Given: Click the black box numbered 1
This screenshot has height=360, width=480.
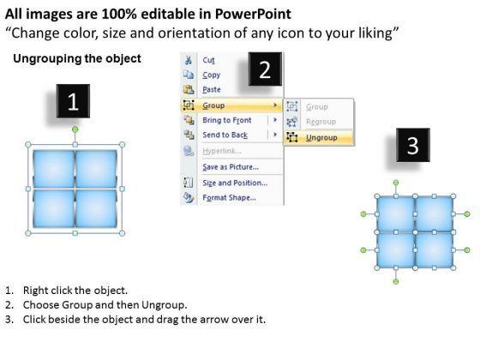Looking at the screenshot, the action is click(x=73, y=101).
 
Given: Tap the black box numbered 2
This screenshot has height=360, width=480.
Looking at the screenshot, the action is click(x=265, y=69).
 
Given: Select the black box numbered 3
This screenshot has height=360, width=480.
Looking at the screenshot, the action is click(x=413, y=145).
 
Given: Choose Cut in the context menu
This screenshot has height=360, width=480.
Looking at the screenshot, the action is click(x=209, y=60).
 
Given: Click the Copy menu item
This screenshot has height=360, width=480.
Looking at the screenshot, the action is click(x=211, y=75).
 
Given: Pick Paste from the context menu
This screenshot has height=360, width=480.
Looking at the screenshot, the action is click(x=212, y=90).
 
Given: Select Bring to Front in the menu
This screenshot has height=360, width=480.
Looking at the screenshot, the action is click(x=227, y=120).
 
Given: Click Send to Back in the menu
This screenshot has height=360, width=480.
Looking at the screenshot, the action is click(x=225, y=135).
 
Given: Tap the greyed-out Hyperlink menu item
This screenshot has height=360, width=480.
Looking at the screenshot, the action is click(x=222, y=151).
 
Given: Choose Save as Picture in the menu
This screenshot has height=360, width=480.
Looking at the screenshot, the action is click(x=231, y=167).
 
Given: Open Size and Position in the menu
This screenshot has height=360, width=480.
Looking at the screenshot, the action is click(x=235, y=183).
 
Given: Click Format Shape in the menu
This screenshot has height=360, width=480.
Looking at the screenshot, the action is click(x=230, y=197).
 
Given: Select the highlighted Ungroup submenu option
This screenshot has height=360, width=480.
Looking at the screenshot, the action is click(x=321, y=138).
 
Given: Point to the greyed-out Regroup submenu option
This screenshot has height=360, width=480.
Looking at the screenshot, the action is click(x=321, y=122).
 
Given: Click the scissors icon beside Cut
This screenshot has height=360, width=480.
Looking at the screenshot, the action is click(x=189, y=60).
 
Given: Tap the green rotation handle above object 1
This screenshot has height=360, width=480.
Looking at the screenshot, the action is click(x=75, y=129).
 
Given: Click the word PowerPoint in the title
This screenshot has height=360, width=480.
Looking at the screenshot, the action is click(x=253, y=14).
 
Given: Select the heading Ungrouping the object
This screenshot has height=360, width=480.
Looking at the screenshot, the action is click(x=77, y=58).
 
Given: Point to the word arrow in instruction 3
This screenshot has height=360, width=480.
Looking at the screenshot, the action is click(x=215, y=319).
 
